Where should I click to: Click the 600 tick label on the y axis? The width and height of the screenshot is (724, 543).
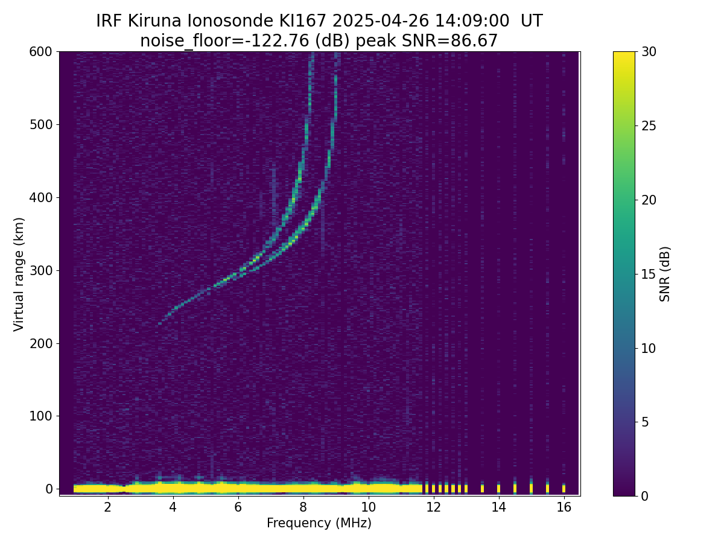(x=40, y=52)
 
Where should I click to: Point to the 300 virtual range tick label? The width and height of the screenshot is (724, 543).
(x=40, y=271)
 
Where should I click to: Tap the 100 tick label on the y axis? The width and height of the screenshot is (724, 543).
(x=40, y=416)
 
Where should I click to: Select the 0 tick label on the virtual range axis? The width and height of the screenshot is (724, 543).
(x=49, y=489)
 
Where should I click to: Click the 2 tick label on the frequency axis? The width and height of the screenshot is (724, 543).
(x=107, y=507)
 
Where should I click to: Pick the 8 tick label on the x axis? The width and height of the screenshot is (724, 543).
(x=303, y=507)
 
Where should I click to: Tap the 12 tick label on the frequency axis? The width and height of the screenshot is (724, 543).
(x=433, y=507)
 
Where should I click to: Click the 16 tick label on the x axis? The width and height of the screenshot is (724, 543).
(x=564, y=507)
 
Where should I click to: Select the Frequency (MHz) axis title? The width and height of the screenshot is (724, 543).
(x=319, y=523)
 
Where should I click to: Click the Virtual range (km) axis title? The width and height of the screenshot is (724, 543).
(x=19, y=275)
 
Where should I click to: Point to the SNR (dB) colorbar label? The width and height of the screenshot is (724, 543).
(x=664, y=274)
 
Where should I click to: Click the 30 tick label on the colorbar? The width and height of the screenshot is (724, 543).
(x=649, y=52)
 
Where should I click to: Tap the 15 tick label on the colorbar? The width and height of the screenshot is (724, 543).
(x=649, y=274)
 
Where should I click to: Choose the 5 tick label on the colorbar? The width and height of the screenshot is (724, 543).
(x=645, y=422)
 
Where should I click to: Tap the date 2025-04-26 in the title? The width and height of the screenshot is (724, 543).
(x=380, y=21)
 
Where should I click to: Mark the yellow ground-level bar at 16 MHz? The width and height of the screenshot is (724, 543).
(x=564, y=488)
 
